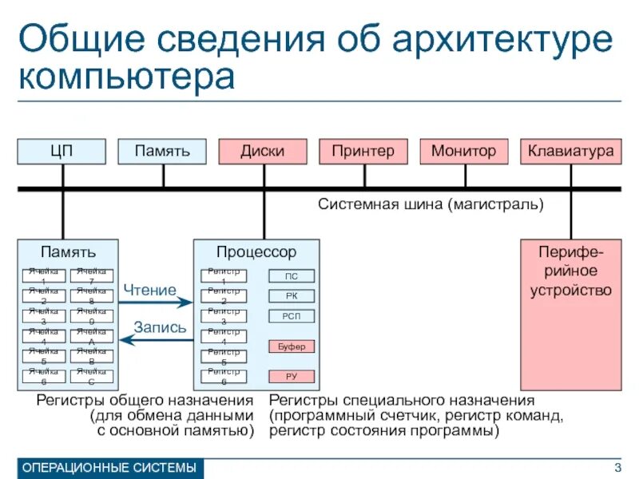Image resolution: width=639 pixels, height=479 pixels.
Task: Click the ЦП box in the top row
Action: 62,151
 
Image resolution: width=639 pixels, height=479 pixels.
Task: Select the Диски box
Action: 263,151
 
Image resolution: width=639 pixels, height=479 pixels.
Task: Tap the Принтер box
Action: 363,151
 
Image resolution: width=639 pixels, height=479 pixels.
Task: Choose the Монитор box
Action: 463,151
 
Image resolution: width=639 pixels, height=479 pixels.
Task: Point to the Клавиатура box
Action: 570,151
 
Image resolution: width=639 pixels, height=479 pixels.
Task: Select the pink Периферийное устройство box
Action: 570,307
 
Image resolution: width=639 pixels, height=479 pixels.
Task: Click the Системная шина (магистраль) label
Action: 431,204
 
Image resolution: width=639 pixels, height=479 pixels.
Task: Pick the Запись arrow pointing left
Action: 157,340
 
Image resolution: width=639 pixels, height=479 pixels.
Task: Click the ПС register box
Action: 292,276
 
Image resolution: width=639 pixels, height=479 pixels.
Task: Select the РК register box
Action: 292,296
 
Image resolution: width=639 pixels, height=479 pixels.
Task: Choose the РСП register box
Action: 292,316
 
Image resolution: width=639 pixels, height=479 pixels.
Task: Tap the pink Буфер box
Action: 292,346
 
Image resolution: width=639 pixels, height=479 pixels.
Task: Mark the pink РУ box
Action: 292,376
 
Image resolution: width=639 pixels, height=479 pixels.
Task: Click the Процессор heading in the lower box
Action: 256,252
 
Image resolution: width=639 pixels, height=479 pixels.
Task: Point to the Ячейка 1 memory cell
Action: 44,276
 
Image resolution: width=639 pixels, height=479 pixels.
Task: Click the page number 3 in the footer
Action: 617,467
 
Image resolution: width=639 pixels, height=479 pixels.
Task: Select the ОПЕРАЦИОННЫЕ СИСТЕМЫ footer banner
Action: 110,468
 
